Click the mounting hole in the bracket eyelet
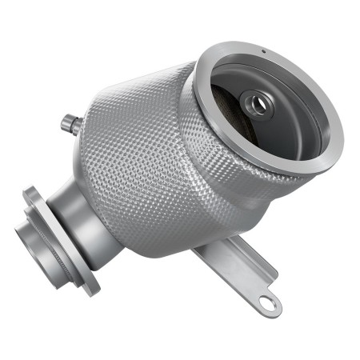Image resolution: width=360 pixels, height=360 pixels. (x=270, y=302)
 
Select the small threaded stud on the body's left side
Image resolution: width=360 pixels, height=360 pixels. (x=70, y=123)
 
